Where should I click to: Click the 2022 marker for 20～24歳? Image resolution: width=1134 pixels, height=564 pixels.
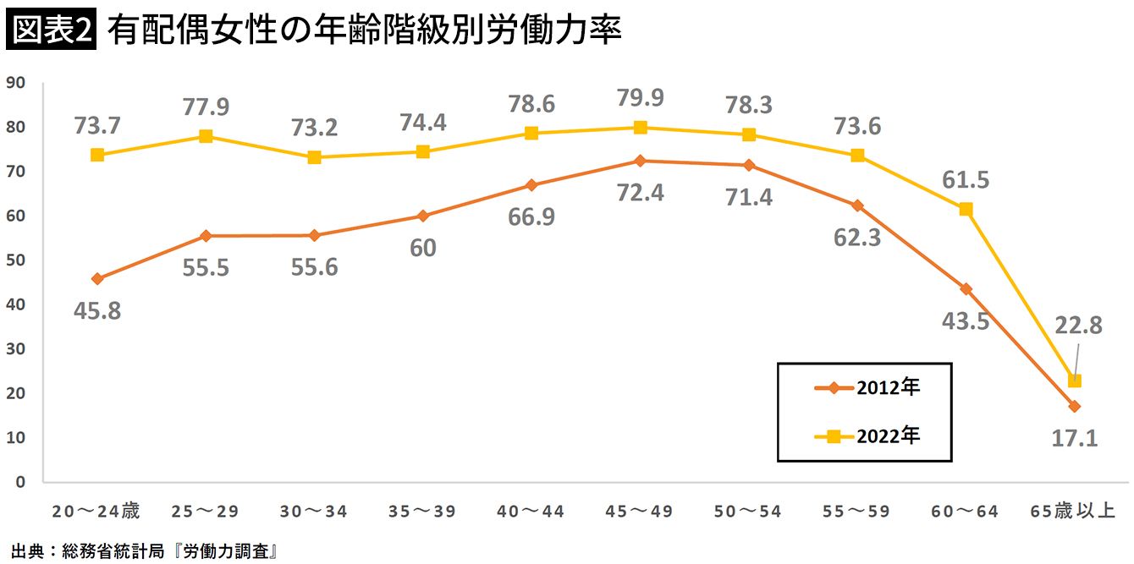point(97,155)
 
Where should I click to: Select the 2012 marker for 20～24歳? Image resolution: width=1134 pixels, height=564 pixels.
point(97,278)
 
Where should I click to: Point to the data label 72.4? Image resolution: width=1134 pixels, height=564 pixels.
point(640,193)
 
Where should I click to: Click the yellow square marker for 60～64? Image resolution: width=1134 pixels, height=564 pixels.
point(966,209)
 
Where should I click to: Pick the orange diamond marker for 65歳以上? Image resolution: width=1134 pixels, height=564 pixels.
point(1074,407)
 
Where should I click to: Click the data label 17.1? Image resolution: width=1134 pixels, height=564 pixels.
point(1074,438)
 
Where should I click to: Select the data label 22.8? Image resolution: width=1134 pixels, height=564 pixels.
point(1078,325)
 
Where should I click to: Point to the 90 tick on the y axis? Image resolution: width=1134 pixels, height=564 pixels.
point(16,82)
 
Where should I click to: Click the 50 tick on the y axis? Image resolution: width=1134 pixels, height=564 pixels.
point(16,260)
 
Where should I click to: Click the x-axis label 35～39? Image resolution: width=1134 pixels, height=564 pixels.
point(421,511)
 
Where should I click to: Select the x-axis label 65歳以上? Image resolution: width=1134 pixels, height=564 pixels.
point(1073,511)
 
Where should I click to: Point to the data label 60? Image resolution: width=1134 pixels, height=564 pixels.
point(422,248)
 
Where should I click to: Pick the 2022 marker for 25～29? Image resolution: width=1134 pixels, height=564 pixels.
point(206,136)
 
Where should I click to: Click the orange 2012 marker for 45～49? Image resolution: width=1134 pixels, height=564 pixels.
point(640,161)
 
